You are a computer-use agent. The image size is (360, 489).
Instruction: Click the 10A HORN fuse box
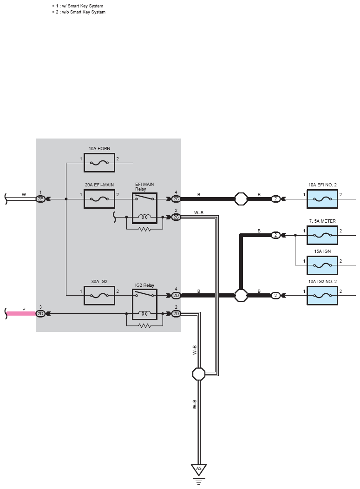point(99,163)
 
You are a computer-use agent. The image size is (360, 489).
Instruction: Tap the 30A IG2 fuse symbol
point(99,295)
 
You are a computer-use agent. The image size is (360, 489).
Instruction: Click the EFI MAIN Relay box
point(144,208)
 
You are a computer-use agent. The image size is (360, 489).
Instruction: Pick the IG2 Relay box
point(144,304)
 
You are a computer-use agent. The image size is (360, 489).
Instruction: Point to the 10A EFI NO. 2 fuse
point(322,199)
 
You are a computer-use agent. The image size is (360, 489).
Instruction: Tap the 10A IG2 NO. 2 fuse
point(322,295)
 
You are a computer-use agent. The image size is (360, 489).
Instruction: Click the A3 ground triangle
point(198,469)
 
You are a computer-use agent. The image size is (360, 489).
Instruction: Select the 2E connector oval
point(41,199)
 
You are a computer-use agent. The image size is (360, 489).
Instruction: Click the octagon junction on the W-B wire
point(198,374)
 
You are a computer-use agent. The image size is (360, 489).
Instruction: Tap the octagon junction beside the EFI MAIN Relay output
point(241,199)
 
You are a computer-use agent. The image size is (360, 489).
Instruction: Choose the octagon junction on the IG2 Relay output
point(241,295)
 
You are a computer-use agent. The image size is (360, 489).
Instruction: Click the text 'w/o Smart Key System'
point(81,12)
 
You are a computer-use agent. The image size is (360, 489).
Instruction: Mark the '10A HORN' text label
point(99,149)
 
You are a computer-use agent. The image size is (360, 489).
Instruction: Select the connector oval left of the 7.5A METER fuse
point(275,235)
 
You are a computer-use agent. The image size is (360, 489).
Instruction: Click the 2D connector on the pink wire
point(41,314)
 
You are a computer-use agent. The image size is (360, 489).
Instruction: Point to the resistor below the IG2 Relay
point(144,325)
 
